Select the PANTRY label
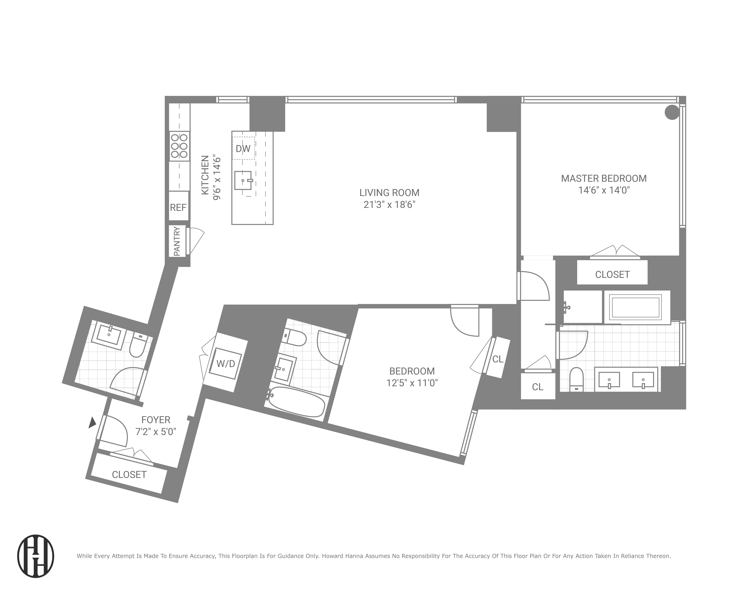click(177, 241)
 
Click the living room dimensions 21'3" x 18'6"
click(389, 204)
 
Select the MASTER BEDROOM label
click(604, 179)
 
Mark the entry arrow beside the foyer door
click(92, 423)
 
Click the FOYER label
click(156, 420)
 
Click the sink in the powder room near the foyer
click(109, 334)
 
